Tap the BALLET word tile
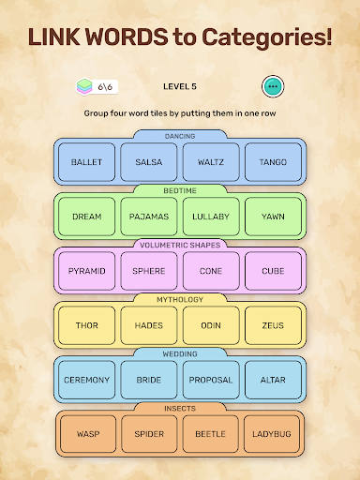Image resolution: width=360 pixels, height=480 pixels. pos(86,162)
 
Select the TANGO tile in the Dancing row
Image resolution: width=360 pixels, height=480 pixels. pos(273,162)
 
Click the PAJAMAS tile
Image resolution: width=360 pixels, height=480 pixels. pos(148,217)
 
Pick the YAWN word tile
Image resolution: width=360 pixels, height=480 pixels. pos(273,217)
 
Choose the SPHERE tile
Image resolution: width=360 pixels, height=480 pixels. pos(148,271)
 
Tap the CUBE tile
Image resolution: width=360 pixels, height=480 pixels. pos(273,271)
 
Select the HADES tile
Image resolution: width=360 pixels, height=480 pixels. pos(148,325)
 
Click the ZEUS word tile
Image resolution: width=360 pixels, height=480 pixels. pos(273,325)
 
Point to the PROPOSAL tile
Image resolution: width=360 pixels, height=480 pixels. pos(211,380)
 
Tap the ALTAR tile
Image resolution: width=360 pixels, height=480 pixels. pos(273,380)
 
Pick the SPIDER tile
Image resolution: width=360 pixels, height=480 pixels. pos(148,434)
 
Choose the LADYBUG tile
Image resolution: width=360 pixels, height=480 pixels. pos(273,434)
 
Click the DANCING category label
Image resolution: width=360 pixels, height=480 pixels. pos(180,137)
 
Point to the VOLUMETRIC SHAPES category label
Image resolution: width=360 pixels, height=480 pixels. pos(180,245)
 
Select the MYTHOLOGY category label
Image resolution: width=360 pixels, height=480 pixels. pos(180,299)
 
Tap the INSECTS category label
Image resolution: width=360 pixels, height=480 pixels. pos(180,408)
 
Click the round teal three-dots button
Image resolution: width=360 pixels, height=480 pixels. pos(273,86)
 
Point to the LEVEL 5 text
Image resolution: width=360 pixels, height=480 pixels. pos(180,86)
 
